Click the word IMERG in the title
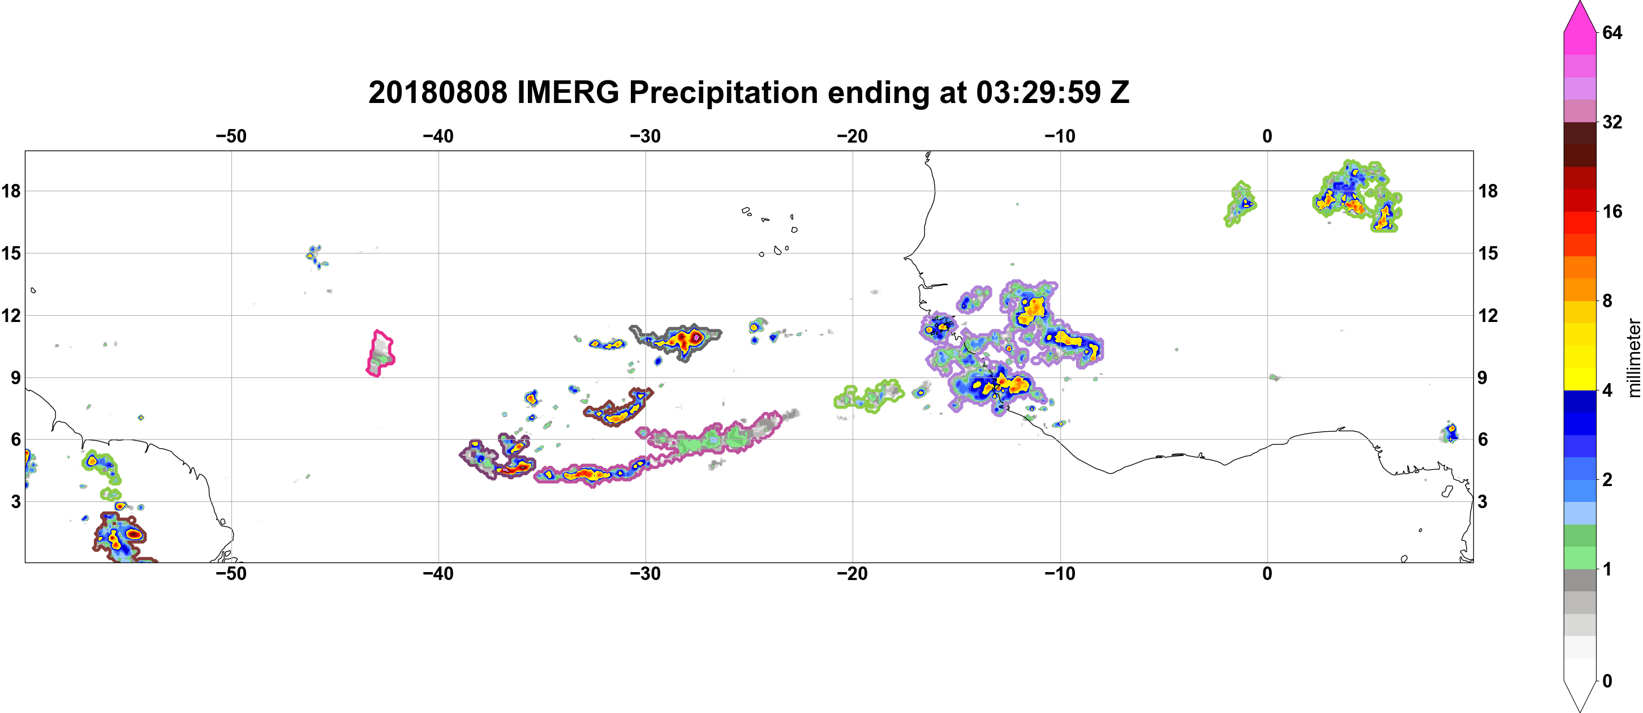[x=567, y=92]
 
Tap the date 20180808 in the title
[x=437, y=92]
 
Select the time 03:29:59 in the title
[x=1038, y=92]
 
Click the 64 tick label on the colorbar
[x=1612, y=32]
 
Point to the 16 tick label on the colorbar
[x=1612, y=211]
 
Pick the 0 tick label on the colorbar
[x=1607, y=681]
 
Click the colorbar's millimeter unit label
[x=1633, y=358]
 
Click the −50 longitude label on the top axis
[x=231, y=136]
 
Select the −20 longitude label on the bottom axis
[x=853, y=574]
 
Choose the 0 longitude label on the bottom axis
[x=1267, y=574]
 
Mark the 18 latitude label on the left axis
[x=11, y=191]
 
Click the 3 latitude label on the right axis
[x=1482, y=501]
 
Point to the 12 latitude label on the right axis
[x=1487, y=315]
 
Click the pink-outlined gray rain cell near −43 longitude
[x=381, y=353]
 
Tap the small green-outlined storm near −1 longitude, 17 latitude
[x=1240, y=204]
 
